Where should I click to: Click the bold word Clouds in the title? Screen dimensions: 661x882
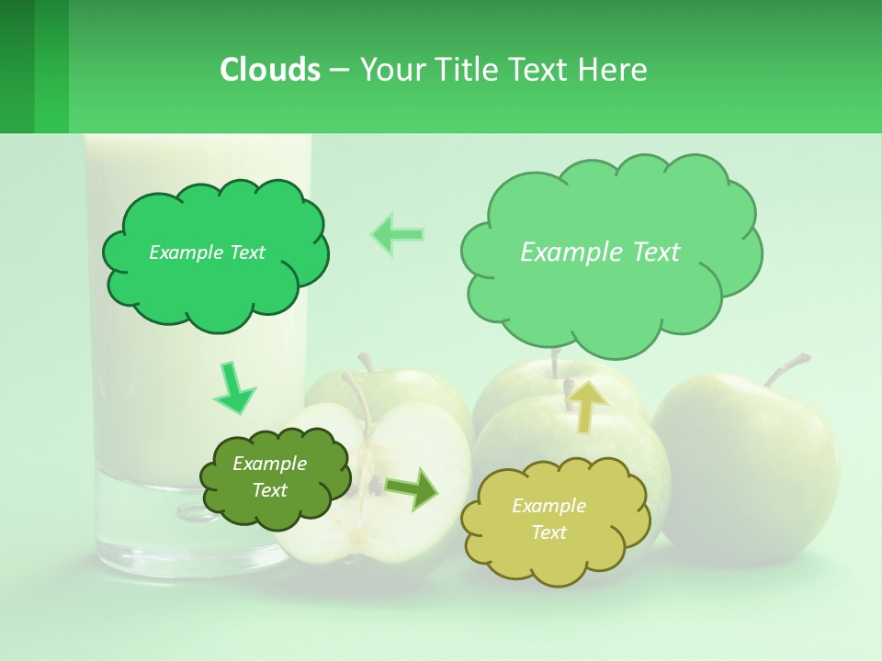point(270,70)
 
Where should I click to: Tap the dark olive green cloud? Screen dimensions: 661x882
point(275,477)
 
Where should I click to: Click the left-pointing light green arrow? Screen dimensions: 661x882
point(398,234)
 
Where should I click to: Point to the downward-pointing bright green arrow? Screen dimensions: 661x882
point(233,388)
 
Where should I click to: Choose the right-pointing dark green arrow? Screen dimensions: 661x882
point(413,488)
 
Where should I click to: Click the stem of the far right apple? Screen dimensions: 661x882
point(786,367)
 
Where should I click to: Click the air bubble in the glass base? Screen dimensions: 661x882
point(193,511)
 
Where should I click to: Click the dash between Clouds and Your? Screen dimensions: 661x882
point(339,70)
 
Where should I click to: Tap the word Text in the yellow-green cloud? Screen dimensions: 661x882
point(548,532)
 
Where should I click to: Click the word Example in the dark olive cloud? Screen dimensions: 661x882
point(269,464)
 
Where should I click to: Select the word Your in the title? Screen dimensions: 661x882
point(389,70)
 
